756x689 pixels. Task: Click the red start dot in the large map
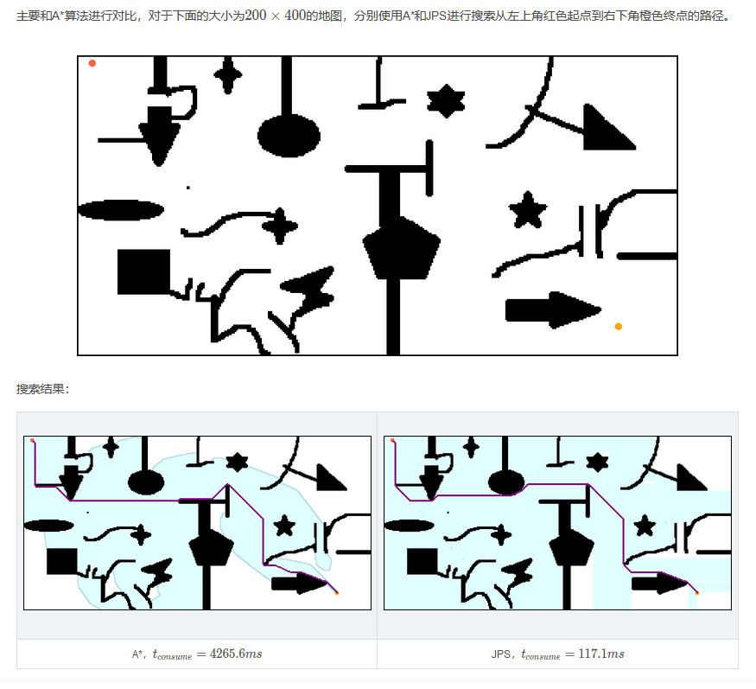pos(92,63)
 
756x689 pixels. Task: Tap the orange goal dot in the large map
pos(618,327)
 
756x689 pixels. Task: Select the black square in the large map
pos(143,271)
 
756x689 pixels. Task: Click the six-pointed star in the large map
pos(446,101)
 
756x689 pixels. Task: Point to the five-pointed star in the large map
pos(527,210)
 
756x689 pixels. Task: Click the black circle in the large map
pos(289,136)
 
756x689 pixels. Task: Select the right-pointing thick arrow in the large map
pos(553,310)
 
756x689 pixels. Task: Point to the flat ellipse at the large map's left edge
pos(121,210)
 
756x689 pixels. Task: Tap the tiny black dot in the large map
pos(188,188)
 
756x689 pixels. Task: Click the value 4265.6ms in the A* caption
pos(236,654)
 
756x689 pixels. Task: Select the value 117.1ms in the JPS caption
pos(601,654)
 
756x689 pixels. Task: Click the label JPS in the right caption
pos(501,654)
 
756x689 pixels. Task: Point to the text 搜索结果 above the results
pos(40,389)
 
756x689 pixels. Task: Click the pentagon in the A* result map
pos(211,547)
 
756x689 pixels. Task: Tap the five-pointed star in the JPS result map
pos(645,526)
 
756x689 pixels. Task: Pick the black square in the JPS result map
pos(422,561)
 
